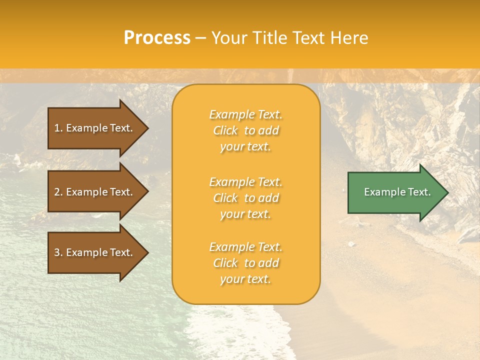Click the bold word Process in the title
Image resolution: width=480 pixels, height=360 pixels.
tap(157, 37)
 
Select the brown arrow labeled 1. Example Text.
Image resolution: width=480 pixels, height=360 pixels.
tap(95, 128)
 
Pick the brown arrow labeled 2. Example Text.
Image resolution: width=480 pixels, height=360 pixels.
tap(95, 192)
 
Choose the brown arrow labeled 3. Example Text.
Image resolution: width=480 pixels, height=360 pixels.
tap(95, 252)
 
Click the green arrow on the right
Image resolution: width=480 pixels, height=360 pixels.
tap(395, 192)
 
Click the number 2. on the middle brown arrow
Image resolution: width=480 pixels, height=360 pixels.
tap(58, 192)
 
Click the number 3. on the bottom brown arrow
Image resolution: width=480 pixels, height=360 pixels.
tap(58, 252)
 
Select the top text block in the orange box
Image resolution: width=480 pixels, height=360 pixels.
tap(245, 130)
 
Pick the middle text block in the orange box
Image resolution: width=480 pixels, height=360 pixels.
tap(245, 198)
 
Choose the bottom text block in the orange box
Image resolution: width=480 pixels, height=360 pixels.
tap(245, 263)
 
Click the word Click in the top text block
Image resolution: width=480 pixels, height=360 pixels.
tap(225, 130)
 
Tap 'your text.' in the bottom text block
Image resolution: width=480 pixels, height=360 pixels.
tap(245, 279)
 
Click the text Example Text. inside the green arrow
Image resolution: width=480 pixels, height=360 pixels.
tap(397, 192)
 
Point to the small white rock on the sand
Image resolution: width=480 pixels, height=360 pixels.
tap(351, 244)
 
